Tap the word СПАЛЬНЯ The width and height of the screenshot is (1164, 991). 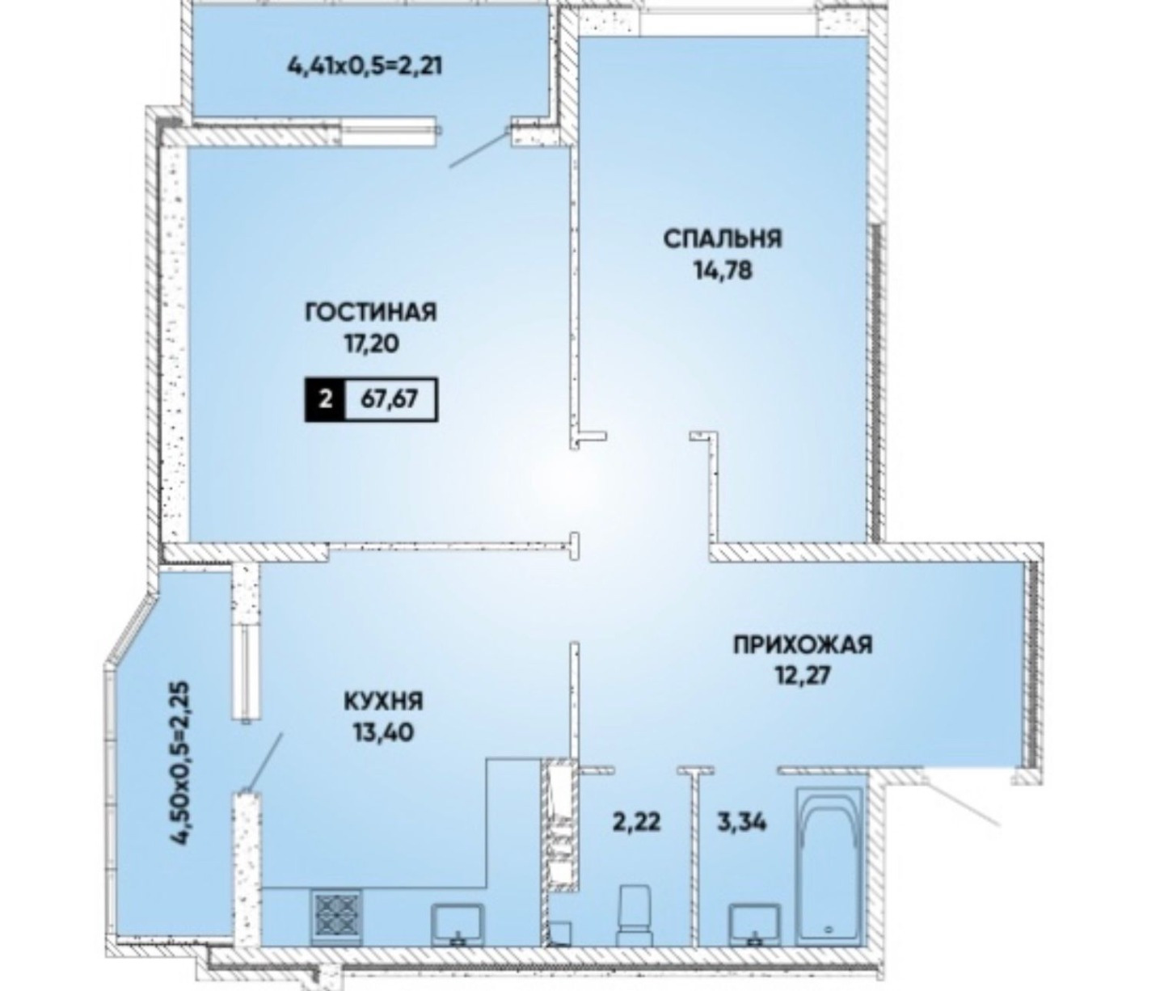point(723,238)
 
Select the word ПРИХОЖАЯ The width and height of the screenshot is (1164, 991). point(803,644)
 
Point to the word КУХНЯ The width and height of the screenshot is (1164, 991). point(383,702)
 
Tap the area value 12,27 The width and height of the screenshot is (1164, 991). point(803,675)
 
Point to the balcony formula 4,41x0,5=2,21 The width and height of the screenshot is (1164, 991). point(364,67)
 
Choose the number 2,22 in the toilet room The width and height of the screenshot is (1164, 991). point(636,823)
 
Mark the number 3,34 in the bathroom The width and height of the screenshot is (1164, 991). point(743,823)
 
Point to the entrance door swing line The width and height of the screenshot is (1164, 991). point(962,805)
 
